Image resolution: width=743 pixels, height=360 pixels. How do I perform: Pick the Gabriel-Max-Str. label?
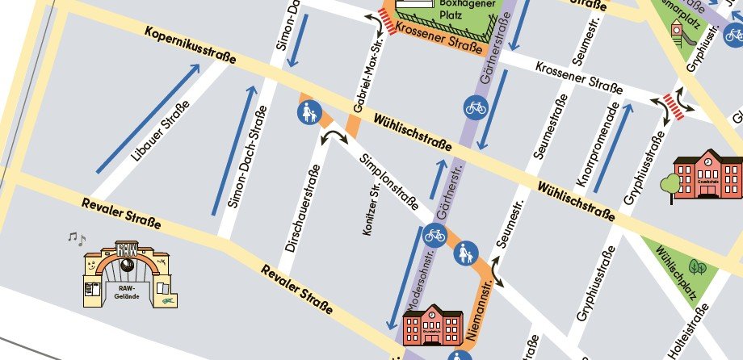367,78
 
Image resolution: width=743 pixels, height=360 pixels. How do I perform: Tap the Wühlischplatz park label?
678,270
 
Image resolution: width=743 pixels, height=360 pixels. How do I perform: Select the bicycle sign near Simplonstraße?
434,236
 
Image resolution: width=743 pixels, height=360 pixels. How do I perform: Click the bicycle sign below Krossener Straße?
476,106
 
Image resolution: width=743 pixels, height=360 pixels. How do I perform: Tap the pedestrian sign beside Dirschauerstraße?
309,114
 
